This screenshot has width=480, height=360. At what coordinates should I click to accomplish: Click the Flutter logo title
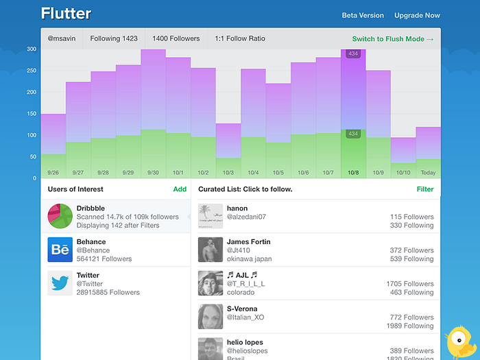[66, 14]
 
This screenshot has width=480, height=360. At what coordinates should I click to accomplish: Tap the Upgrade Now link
[417, 15]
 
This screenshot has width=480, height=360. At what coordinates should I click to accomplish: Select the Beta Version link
[363, 15]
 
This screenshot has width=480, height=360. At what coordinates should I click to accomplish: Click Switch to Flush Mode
[393, 39]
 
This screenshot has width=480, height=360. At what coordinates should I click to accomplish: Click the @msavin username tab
[62, 39]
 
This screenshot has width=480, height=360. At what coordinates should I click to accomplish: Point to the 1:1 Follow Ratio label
[240, 39]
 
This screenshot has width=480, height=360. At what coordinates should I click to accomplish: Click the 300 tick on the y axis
[32, 49]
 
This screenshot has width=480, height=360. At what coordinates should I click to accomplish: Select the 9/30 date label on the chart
[153, 173]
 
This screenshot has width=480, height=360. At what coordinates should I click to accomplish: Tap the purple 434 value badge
[353, 53]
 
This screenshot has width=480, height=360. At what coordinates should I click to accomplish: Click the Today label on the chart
[428, 173]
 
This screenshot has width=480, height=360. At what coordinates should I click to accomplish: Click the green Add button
[180, 189]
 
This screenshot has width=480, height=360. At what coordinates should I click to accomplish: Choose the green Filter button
[425, 189]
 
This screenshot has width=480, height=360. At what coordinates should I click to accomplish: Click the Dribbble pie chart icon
[60, 216]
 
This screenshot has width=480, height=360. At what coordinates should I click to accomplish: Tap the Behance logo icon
[60, 250]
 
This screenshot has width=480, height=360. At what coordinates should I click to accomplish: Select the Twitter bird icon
[60, 283]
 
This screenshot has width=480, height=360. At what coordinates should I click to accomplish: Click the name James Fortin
[248, 241]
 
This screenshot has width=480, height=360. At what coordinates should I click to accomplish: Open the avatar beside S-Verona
[211, 317]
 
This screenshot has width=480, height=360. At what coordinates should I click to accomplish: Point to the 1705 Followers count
[409, 284]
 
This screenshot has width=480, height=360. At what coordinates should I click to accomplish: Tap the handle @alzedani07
[246, 217]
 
